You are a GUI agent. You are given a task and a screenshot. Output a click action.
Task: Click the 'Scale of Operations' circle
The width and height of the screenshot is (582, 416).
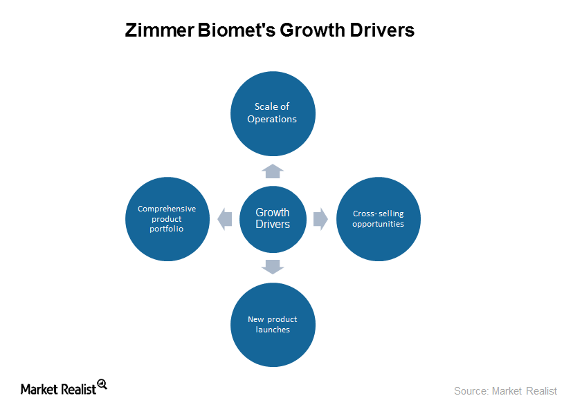click(x=273, y=113)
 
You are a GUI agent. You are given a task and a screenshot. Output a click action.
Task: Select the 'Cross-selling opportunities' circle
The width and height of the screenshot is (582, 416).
click(x=379, y=219)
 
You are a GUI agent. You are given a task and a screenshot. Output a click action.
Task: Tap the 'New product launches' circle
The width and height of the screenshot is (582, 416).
click(x=273, y=325)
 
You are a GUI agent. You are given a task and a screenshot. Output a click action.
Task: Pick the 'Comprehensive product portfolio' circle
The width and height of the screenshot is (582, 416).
click(x=167, y=219)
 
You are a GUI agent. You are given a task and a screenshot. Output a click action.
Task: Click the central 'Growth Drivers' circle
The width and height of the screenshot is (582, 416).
click(x=273, y=219)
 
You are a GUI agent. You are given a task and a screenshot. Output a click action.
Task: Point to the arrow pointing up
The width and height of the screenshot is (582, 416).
click(x=273, y=171)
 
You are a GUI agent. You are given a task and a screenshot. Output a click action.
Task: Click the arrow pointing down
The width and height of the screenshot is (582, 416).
click(x=273, y=267)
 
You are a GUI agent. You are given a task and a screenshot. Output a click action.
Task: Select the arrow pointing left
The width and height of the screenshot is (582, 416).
click(x=224, y=219)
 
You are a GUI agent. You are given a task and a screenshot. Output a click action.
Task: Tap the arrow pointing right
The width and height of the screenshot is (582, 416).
click(x=320, y=219)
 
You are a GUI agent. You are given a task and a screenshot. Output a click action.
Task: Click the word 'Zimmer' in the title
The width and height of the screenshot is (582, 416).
click(x=160, y=30)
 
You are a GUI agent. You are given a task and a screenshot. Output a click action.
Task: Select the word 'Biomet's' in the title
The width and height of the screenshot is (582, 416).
click(x=237, y=30)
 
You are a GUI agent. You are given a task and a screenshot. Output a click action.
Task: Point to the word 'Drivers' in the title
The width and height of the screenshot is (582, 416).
click(x=382, y=30)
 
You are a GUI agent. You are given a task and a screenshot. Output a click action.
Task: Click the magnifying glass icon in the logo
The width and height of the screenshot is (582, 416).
click(x=102, y=384)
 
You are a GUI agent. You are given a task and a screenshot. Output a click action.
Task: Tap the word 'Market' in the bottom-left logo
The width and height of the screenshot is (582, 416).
click(x=39, y=389)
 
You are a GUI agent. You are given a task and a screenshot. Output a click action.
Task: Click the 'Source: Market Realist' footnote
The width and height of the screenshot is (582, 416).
click(x=506, y=391)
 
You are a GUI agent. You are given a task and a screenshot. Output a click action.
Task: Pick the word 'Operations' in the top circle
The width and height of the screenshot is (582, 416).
click(x=272, y=120)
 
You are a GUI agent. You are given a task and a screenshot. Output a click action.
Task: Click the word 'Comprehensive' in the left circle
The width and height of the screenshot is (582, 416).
click(x=167, y=209)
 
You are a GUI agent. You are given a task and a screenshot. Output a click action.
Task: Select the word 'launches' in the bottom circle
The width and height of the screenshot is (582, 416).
click(x=273, y=330)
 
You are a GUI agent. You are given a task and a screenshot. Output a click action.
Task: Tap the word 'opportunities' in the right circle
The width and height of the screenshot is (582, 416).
click(x=379, y=225)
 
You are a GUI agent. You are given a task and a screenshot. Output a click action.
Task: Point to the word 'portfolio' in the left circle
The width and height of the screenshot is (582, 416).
click(x=167, y=229)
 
